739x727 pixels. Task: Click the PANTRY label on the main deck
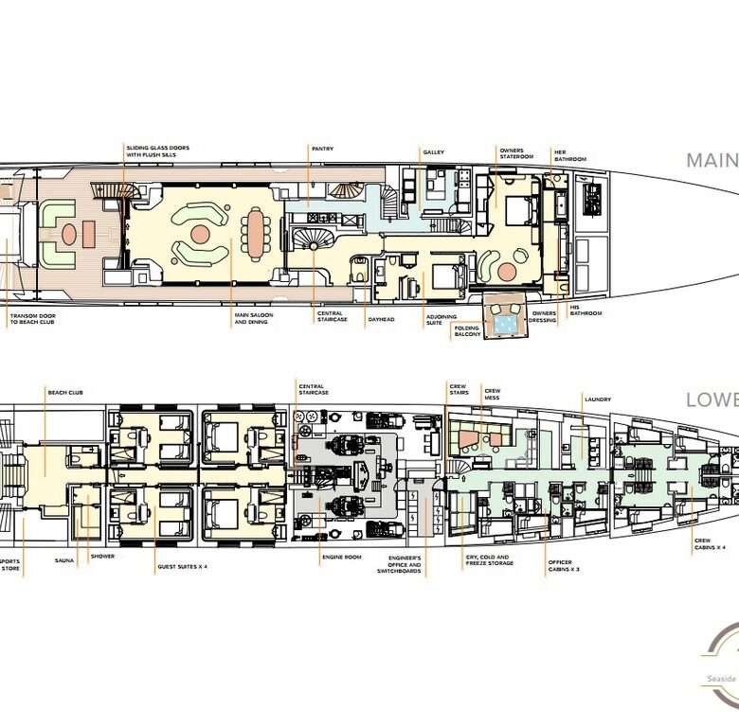322,149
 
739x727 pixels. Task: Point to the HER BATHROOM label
570,156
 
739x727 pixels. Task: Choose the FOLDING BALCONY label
466,330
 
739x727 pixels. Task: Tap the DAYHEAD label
380,318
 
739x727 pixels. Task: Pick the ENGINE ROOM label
341,557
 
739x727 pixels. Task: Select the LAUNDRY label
598,399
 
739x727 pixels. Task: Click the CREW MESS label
492,393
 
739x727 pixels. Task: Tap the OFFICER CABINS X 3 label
559,565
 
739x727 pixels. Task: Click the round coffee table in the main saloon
200,233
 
